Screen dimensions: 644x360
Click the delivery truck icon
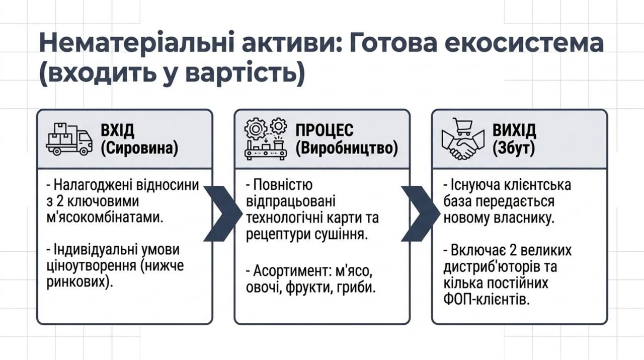[x=69, y=139]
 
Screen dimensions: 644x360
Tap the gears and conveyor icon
[x=266, y=138]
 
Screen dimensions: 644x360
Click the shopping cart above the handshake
[x=463, y=126]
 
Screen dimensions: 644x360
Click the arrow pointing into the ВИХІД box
[x=420, y=213]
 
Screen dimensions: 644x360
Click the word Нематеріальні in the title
[x=136, y=43]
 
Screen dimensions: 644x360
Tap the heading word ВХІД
[x=117, y=130]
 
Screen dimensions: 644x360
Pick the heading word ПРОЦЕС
[x=325, y=130]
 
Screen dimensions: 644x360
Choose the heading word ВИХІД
[x=514, y=130]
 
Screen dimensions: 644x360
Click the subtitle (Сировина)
[x=139, y=149]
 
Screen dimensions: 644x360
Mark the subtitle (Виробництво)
[x=347, y=149]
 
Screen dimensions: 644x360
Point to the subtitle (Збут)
[x=514, y=149]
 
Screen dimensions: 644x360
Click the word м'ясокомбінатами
[x=105, y=218]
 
